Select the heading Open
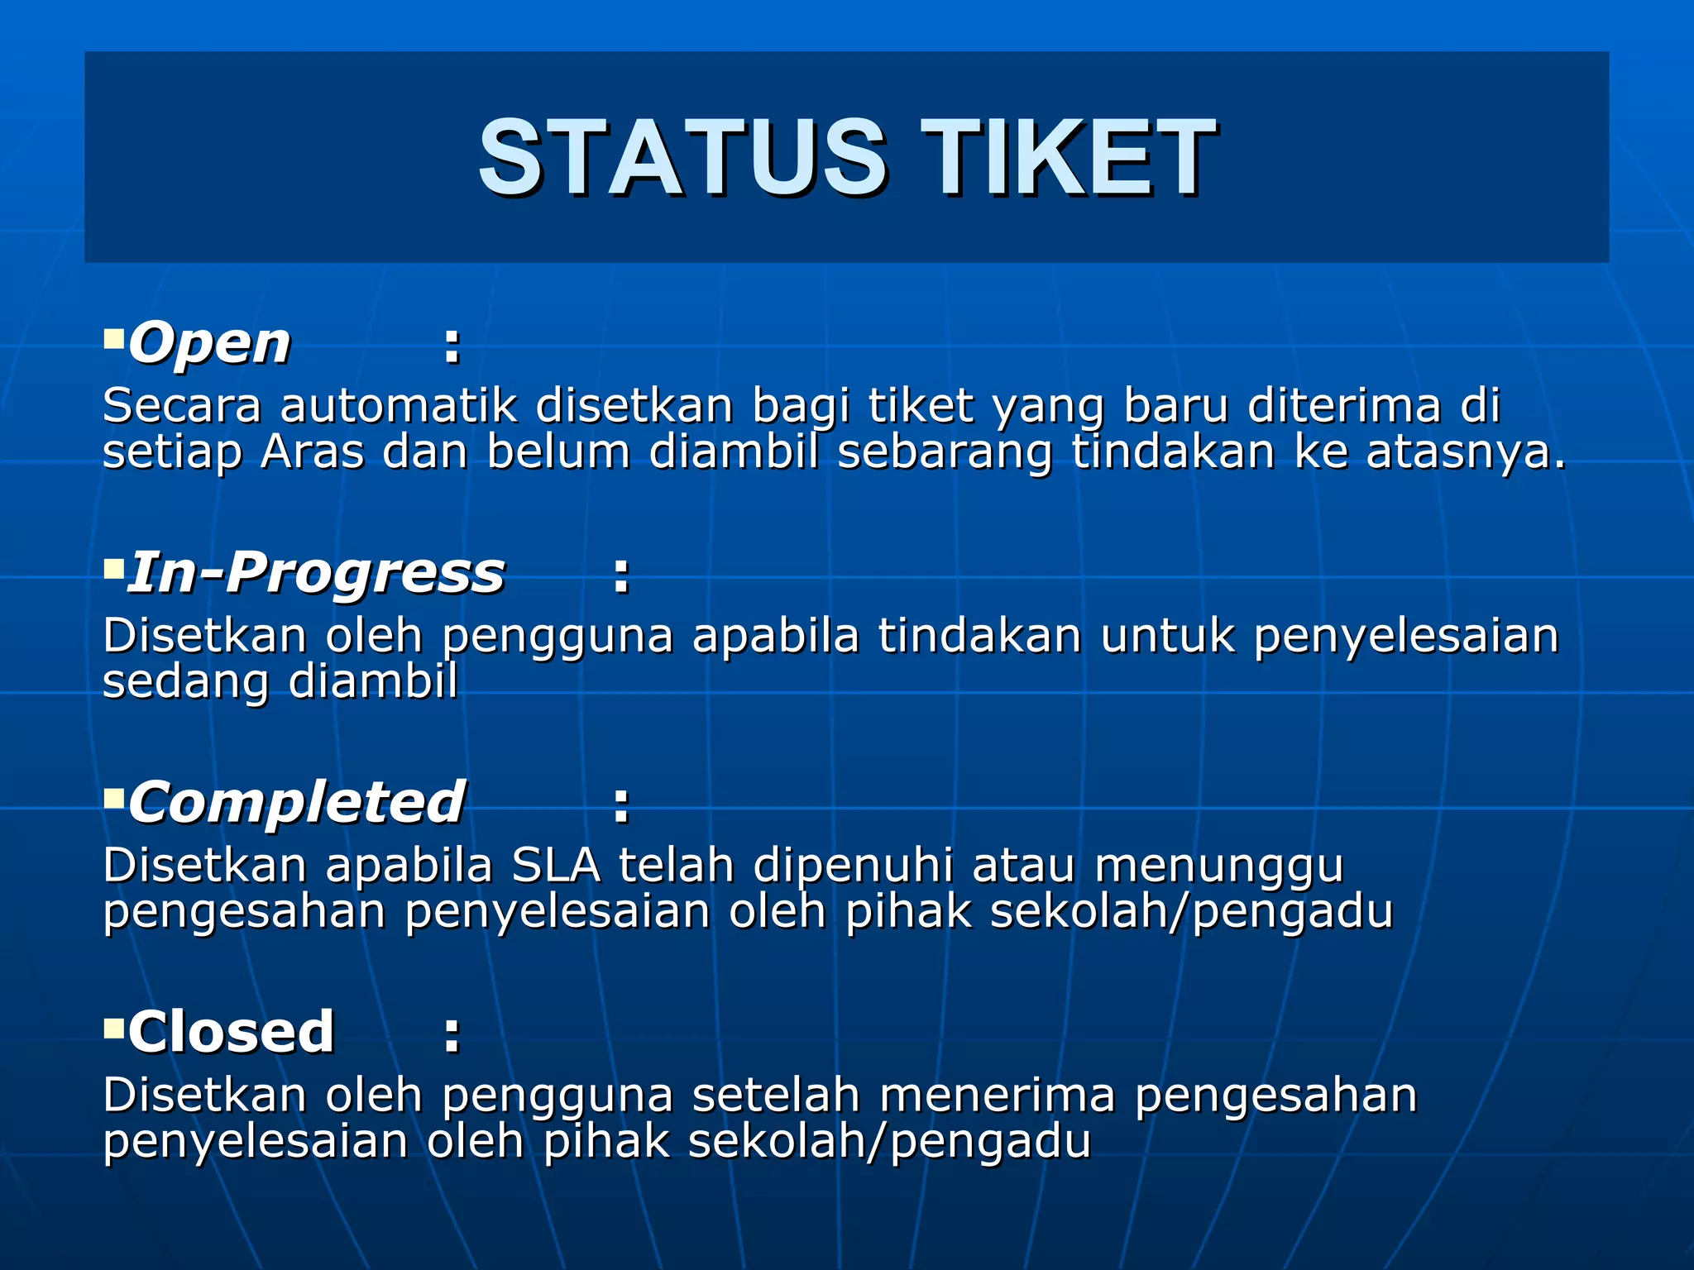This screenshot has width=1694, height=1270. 209,343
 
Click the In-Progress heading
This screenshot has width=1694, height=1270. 315,573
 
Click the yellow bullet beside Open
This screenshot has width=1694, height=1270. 113,337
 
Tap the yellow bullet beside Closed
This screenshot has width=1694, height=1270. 113,1028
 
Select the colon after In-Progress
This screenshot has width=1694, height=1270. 621,576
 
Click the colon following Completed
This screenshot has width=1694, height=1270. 621,805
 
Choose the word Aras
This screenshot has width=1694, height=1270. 312,452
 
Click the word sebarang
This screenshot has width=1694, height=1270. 945,454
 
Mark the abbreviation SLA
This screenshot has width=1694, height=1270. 556,866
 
